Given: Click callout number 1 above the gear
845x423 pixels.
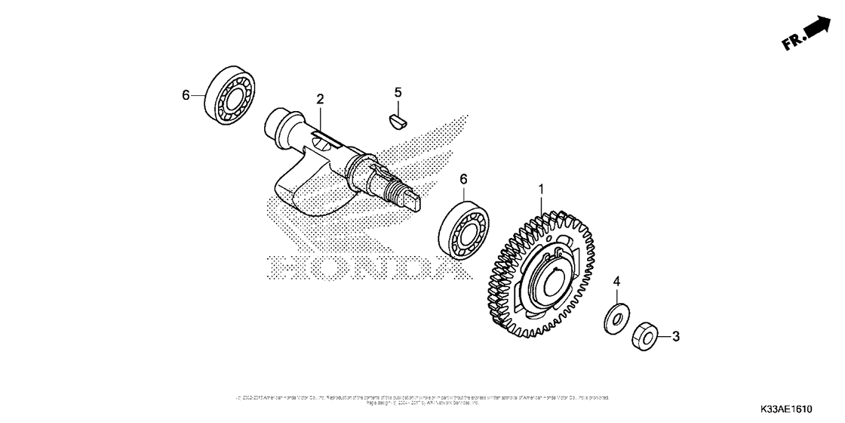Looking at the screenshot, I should (540, 187).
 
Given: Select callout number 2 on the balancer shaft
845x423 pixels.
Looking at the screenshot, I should (320, 99).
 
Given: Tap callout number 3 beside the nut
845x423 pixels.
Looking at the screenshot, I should (676, 335).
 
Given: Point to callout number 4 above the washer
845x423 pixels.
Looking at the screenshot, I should (616, 282).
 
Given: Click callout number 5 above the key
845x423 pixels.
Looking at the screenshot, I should (398, 92).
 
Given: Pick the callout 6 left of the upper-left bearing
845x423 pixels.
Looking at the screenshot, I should (186, 95).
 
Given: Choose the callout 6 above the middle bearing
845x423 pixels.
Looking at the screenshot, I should (464, 178).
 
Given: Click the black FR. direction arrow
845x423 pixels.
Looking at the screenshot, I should (816, 29).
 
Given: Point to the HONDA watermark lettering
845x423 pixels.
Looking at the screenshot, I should (355, 267).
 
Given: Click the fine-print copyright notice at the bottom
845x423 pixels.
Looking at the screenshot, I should (422, 400).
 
